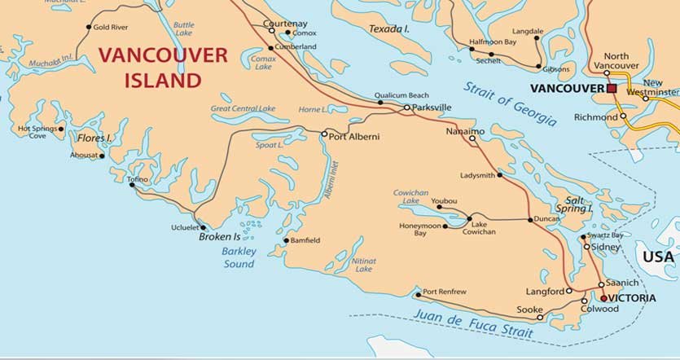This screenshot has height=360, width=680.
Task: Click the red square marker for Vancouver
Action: [x=611, y=88]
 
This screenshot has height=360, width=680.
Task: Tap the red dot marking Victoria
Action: [x=603, y=298]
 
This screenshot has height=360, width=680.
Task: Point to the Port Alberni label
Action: [x=353, y=137]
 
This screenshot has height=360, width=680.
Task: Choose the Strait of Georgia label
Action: [x=510, y=104]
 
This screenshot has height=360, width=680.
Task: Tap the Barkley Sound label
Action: [x=239, y=257]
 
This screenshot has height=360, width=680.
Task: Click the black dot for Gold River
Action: [x=89, y=27]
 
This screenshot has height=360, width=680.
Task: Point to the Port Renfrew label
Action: [x=445, y=292]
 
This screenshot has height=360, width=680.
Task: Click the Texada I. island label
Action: [x=388, y=29]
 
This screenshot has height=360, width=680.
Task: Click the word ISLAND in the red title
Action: [x=162, y=80]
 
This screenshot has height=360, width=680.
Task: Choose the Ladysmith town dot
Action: [x=499, y=174]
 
